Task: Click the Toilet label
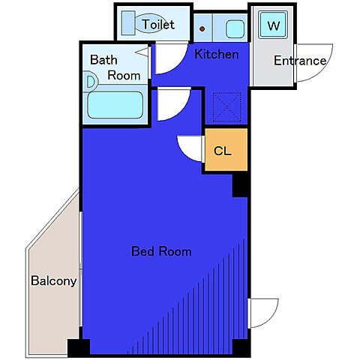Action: (158, 25)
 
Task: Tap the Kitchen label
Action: (217, 54)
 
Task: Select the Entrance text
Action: (300, 61)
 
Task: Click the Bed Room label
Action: (161, 251)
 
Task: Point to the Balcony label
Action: (54, 281)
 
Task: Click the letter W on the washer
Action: (273, 25)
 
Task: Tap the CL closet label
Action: (223, 151)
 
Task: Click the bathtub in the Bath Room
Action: (115, 105)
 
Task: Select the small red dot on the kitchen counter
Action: (202, 28)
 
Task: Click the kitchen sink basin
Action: (235, 29)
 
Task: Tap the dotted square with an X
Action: (226, 107)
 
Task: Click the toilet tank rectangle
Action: (128, 22)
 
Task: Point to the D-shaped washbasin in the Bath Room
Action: (90, 82)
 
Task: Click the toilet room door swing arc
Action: (178, 64)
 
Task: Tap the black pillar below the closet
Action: (240, 184)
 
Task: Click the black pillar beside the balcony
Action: (79, 347)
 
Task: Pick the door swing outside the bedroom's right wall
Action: (271, 319)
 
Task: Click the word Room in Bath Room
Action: (124, 76)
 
